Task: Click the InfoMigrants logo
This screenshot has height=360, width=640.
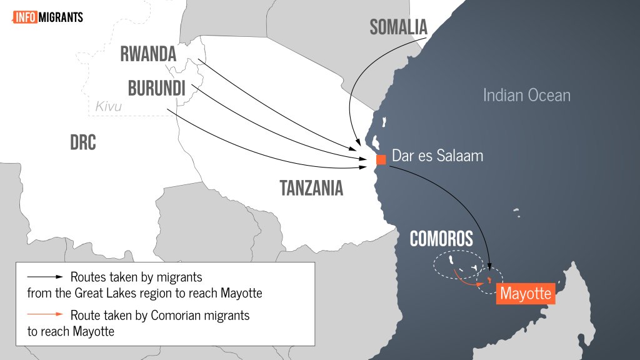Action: tap(47, 17)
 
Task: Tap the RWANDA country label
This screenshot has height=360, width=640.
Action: tap(147, 54)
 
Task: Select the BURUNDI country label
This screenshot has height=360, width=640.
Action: tap(157, 87)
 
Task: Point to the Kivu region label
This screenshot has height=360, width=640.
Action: tap(108, 107)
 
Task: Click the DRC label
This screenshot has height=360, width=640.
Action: tap(83, 142)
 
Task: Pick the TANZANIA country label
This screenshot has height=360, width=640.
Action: tap(311, 187)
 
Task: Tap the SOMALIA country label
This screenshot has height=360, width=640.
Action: tap(398, 27)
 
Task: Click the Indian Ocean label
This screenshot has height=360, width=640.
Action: tap(526, 95)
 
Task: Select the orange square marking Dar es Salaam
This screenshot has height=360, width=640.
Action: tap(381, 159)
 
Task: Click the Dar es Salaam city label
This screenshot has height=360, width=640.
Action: tap(437, 156)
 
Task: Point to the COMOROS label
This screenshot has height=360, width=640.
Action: tap(441, 238)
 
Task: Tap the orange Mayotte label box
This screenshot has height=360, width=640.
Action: tap(526, 293)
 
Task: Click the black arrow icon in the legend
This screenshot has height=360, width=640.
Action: tap(45, 276)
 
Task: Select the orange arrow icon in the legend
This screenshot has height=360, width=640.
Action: tap(45, 315)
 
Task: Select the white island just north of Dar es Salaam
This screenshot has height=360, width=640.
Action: tap(376, 141)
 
